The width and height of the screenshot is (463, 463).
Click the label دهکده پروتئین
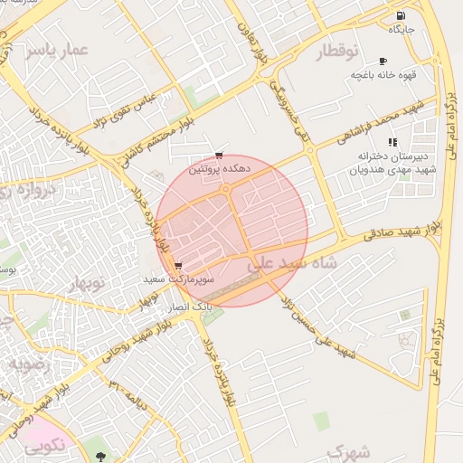click(x=214, y=168)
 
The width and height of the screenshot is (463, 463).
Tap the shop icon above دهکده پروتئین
click(x=218, y=156)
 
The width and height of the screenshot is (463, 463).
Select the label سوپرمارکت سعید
click(x=178, y=280)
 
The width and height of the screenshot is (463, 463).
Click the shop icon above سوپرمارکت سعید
click(x=177, y=267)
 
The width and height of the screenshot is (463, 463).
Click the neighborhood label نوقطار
click(x=336, y=53)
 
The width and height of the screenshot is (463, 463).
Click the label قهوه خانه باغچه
click(x=383, y=75)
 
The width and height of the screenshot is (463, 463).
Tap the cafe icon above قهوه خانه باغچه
click(x=383, y=61)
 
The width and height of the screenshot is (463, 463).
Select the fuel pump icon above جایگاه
click(x=401, y=15)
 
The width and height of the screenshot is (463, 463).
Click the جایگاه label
click(x=401, y=30)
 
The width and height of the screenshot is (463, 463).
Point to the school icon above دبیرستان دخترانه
click(x=392, y=142)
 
